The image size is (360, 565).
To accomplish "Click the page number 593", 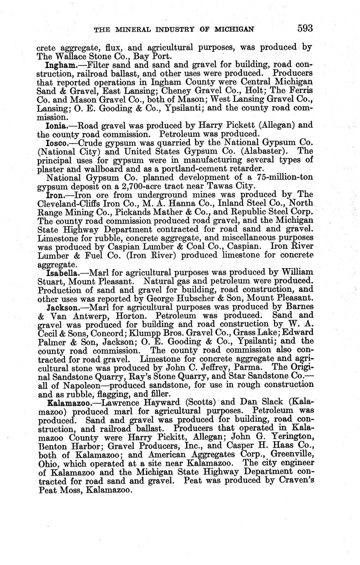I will (305, 28).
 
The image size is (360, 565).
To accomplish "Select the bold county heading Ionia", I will (56, 125).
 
